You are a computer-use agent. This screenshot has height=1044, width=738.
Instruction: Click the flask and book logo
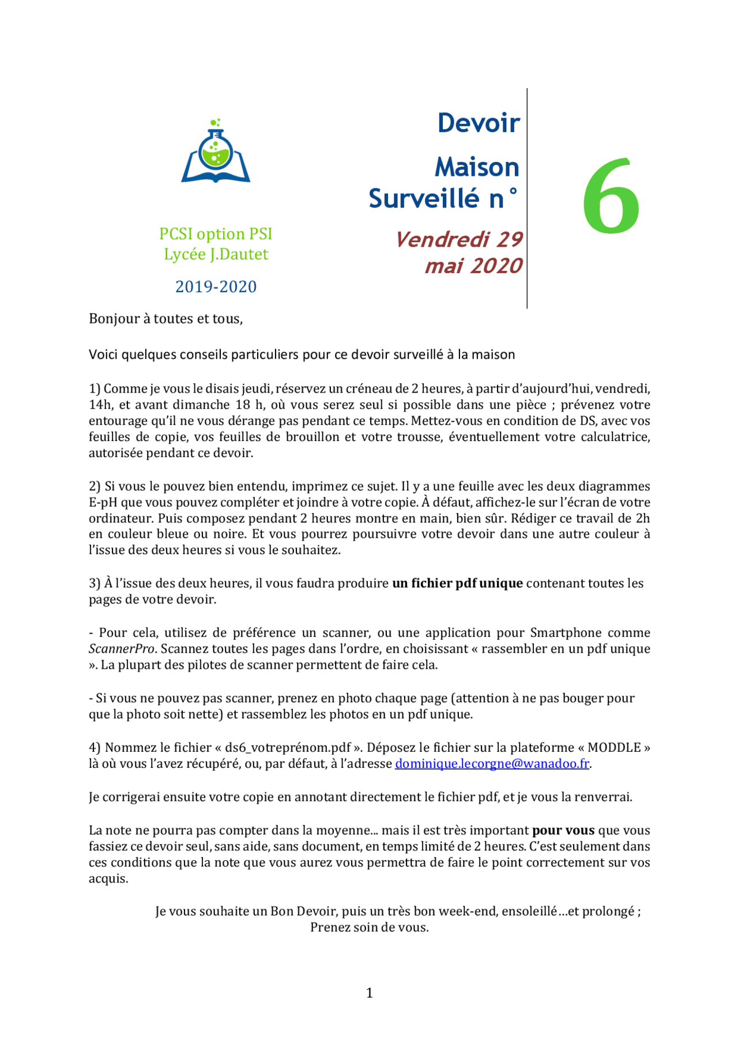[216, 152]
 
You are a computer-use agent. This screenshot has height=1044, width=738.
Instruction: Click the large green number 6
[611, 198]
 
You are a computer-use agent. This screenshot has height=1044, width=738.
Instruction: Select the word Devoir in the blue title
[479, 123]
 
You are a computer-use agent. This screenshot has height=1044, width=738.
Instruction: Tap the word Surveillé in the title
[424, 199]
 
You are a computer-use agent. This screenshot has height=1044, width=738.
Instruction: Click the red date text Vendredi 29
[459, 239]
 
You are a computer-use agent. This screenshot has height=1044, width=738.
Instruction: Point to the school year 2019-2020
[216, 287]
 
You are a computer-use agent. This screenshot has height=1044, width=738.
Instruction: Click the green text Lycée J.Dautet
[216, 254]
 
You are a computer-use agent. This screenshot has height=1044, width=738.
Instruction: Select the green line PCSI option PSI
[216, 234]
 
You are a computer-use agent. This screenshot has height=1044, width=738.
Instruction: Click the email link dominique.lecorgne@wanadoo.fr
[492, 764]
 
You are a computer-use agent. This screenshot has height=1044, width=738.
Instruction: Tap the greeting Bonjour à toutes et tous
[165, 319]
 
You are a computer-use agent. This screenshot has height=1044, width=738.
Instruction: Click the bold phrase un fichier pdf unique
[457, 583]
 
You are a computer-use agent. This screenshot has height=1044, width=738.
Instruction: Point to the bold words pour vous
[563, 831]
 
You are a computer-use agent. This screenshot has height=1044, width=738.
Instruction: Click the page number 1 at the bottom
[369, 993]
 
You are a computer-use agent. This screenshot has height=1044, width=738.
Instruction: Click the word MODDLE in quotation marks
[615, 748]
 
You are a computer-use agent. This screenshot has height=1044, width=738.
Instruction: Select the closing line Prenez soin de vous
[369, 928]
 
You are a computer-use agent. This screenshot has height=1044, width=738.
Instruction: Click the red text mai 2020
[473, 266]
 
